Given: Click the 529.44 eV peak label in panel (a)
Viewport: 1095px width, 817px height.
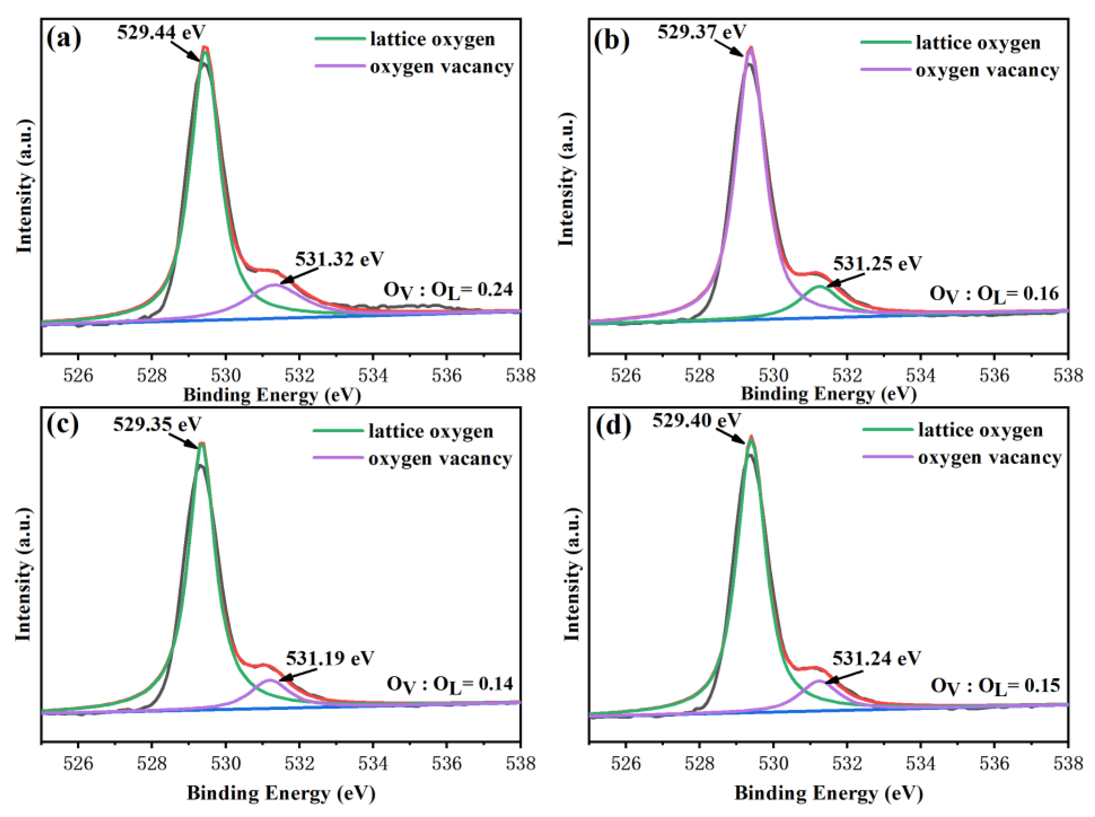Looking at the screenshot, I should click(x=161, y=33).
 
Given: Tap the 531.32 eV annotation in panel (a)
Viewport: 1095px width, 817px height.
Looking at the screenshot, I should click(x=339, y=259).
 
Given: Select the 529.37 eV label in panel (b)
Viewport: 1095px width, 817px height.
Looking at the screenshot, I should click(x=701, y=32).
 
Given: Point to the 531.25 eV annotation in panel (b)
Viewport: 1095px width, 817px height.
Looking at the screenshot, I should click(x=877, y=264).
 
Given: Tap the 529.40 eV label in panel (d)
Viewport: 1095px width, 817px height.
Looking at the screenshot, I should click(x=696, y=421).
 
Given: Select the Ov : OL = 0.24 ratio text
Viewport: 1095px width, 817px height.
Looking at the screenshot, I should click(x=448, y=291).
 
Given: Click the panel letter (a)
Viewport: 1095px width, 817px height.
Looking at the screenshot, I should click(x=64, y=39).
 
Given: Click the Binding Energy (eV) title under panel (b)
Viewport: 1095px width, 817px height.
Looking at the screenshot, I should click(x=828, y=394).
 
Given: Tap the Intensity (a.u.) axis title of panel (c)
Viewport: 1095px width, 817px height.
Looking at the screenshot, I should click(x=23, y=574).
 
